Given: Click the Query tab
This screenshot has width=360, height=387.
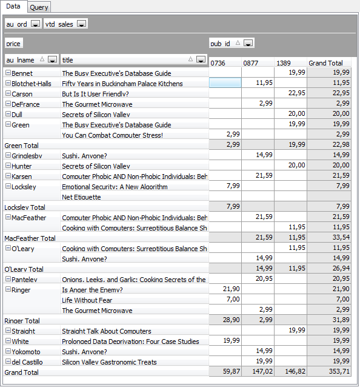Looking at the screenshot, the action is pos(39,7).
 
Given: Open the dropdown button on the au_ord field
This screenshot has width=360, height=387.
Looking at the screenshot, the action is pos(36,24).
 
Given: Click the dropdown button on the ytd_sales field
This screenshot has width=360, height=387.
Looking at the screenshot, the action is pos(81,24).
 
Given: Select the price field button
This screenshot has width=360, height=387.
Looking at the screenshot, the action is pos(14,44).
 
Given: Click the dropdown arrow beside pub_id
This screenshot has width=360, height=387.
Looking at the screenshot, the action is pos(248,43).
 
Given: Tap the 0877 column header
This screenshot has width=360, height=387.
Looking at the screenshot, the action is pos(250,63).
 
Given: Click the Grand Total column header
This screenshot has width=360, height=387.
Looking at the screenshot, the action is pos(325,63).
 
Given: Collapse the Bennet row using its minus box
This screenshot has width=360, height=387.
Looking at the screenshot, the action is pos(8,73).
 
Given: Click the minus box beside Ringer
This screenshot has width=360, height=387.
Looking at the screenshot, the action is pos(8,289).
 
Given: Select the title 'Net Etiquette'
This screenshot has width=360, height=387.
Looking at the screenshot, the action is pos(81,197).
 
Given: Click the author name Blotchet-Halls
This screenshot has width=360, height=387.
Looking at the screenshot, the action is pos(32,84).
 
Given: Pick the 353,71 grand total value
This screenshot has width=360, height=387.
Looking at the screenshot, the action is pos(339,371).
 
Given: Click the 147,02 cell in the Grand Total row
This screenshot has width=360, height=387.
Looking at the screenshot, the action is pos(262,371).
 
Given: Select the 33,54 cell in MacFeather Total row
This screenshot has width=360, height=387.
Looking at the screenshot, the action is pos(341,237).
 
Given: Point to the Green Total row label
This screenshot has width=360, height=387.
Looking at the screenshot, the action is pos(21,146).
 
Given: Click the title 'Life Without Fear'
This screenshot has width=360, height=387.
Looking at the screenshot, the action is pos(87,300).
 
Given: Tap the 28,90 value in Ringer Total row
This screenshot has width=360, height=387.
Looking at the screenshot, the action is pos(232,320).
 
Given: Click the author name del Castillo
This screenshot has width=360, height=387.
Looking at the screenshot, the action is pos(27,362).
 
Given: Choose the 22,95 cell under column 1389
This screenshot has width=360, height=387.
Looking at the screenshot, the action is pos(296,93).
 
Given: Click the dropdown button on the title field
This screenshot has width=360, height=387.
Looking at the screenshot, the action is pos(201,59).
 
